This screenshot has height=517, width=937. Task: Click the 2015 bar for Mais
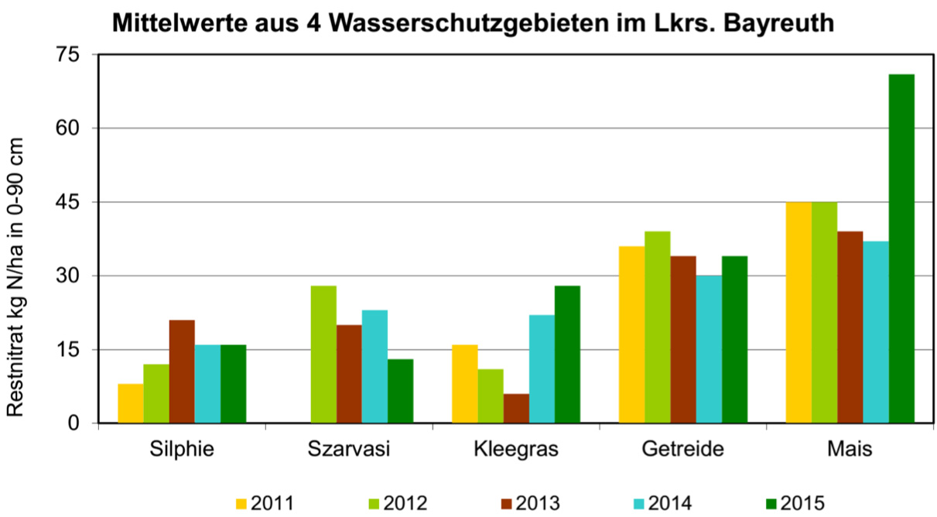point(901,248)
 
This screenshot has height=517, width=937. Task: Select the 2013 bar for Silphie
point(182,371)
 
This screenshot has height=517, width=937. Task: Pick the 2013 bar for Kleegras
point(516,409)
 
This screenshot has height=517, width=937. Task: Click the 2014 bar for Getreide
point(709,349)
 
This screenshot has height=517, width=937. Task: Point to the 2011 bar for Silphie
point(131,403)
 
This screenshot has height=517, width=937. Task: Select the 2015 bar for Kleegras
point(567,354)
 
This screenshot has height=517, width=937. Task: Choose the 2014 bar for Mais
point(876,332)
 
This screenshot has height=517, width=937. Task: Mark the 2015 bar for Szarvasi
point(401,391)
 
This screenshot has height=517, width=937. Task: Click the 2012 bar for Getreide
point(658,327)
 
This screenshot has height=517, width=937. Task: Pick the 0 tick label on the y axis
point(74,423)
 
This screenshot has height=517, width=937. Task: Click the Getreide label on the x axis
point(682,450)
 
